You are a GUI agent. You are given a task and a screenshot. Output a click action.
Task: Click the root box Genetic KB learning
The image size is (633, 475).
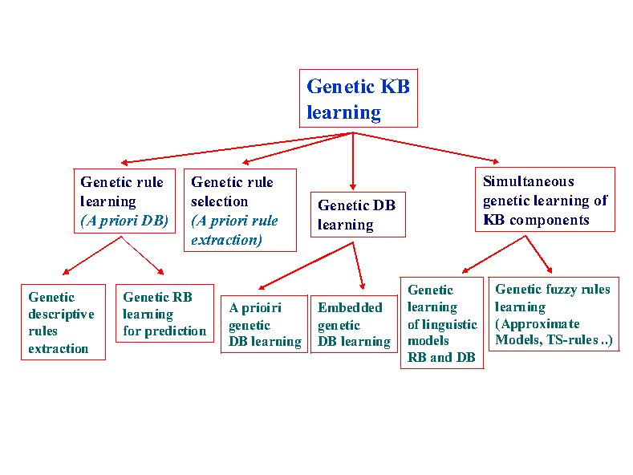tap(359, 99)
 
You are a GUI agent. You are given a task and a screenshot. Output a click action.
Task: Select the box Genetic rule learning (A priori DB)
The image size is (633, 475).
tap(124, 201)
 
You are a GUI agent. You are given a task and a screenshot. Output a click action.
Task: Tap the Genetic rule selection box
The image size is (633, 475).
tap(240, 210)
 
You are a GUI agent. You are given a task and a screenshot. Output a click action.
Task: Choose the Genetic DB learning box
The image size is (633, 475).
tap(358, 214)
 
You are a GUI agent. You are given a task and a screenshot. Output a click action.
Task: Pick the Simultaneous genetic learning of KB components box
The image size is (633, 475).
tap(545, 200)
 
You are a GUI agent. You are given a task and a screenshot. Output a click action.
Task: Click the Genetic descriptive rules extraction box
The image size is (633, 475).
tap(63, 322)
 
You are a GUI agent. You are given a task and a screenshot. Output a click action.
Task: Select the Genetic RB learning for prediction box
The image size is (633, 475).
tap(164, 314)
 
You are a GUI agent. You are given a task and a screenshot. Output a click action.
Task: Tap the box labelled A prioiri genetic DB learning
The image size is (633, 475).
tap(265, 324)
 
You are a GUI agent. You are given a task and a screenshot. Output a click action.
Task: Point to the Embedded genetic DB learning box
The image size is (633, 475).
tap(354, 324)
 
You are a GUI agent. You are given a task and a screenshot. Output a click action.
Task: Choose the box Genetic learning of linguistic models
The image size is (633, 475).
tap(442, 323)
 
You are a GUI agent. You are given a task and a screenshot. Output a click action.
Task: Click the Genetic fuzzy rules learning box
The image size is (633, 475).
tap(554, 314)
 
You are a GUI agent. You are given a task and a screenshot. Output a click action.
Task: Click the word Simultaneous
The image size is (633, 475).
tap(529, 181)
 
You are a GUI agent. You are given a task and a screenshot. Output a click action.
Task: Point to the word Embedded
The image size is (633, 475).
tap(350, 307)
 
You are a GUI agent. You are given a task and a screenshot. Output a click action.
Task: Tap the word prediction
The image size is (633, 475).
tap(175, 331)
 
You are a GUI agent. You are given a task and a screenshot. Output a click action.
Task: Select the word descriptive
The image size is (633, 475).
tap(61, 315)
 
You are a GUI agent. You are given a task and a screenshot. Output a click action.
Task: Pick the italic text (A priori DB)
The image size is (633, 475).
tap(124, 221)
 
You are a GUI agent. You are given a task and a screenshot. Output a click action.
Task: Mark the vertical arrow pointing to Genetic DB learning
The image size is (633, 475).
tap(353, 161)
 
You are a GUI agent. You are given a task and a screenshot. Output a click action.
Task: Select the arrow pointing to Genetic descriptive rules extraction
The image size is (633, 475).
tap(92, 256)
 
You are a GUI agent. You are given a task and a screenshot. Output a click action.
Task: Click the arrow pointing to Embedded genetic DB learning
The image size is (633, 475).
tap(359, 266)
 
